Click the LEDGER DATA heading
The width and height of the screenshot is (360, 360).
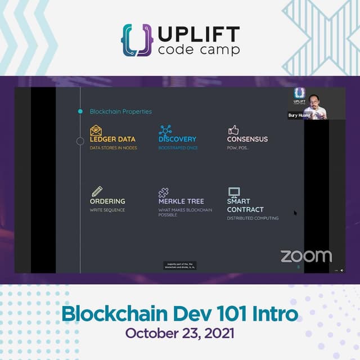point(112,139)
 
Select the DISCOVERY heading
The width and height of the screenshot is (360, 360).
point(177,139)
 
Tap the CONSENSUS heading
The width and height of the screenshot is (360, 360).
point(247,139)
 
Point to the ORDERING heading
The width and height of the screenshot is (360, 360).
point(107,201)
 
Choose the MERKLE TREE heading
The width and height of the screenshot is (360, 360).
point(181,201)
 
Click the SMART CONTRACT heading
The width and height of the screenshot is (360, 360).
point(245,205)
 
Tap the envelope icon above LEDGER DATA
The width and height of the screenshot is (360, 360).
point(96,130)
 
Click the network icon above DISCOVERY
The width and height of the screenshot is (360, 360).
point(165,130)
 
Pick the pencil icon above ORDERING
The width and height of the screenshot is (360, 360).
point(97,191)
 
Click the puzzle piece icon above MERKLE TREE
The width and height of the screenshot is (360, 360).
point(164,192)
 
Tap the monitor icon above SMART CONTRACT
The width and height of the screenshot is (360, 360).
point(234,192)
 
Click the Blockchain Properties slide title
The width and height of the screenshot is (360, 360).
point(120,111)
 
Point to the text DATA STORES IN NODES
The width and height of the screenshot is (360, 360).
point(113,148)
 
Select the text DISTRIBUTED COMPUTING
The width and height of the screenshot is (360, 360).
point(253,218)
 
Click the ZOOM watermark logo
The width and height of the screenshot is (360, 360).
point(306,256)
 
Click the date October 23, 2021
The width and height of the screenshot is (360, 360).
point(180,332)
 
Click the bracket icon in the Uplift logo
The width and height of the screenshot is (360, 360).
point(137,39)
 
